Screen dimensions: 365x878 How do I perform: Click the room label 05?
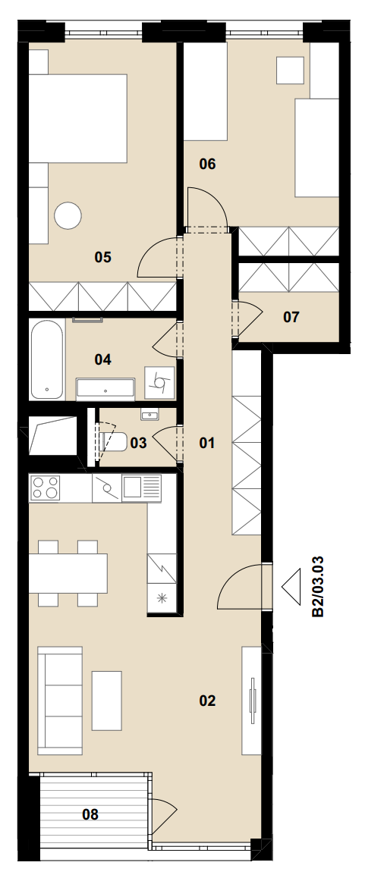click(103, 257)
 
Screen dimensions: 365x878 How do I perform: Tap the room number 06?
click(207, 164)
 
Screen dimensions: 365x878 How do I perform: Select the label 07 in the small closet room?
click(291, 318)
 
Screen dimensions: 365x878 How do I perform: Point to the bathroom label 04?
click(102, 359)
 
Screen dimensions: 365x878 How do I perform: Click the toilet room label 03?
click(138, 443)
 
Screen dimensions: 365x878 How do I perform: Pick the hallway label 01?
click(207, 443)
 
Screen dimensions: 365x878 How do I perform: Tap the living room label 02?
click(207, 701)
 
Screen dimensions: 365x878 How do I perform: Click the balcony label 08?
click(90, 814)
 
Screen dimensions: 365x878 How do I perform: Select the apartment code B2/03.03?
click(318, 586)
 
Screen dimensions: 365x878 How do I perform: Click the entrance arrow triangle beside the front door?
click(291, 586)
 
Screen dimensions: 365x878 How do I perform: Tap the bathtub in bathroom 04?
click(47, 359)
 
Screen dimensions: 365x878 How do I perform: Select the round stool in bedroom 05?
click(68, 215)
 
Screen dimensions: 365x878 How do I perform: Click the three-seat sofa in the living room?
click(59, 701)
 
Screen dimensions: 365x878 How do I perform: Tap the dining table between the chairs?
click(68, 573)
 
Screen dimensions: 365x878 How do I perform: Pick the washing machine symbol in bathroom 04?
click(160, 382)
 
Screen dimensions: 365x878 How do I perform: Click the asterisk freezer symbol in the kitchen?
click(162, 598)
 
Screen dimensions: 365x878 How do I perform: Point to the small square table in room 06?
click(291, 70)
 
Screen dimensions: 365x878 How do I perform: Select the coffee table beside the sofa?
click(106, 701)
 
